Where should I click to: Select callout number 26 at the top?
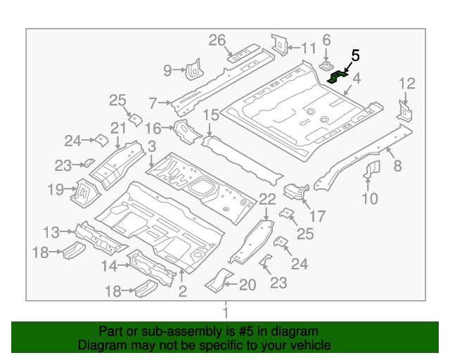point(217,40)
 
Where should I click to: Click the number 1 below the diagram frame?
point(226,312)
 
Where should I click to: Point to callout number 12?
point(407,85)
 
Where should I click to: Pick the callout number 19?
point(56,188)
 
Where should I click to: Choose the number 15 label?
point(211,115)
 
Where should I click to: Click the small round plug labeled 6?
point(327,66)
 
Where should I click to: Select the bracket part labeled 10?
point(372,169)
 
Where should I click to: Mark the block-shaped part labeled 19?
point(82,190)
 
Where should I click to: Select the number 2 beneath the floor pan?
point(182,291)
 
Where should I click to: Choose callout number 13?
point(51,232)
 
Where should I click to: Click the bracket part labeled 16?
point(184,130)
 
